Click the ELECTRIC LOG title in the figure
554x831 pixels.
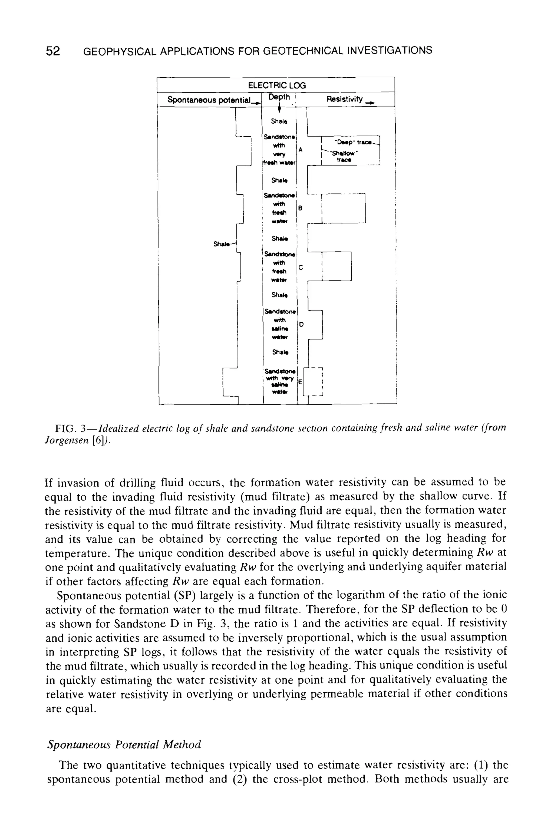pos(277,85)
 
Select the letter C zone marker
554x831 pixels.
pos(301,268)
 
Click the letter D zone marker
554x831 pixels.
pos(301,324)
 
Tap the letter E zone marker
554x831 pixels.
pos(300,382)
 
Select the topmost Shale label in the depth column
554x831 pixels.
pos(279,121)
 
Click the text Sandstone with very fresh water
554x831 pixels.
pos(279,149)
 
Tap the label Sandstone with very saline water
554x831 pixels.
pos(279,382)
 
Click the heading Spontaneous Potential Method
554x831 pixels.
pos(124,745)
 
